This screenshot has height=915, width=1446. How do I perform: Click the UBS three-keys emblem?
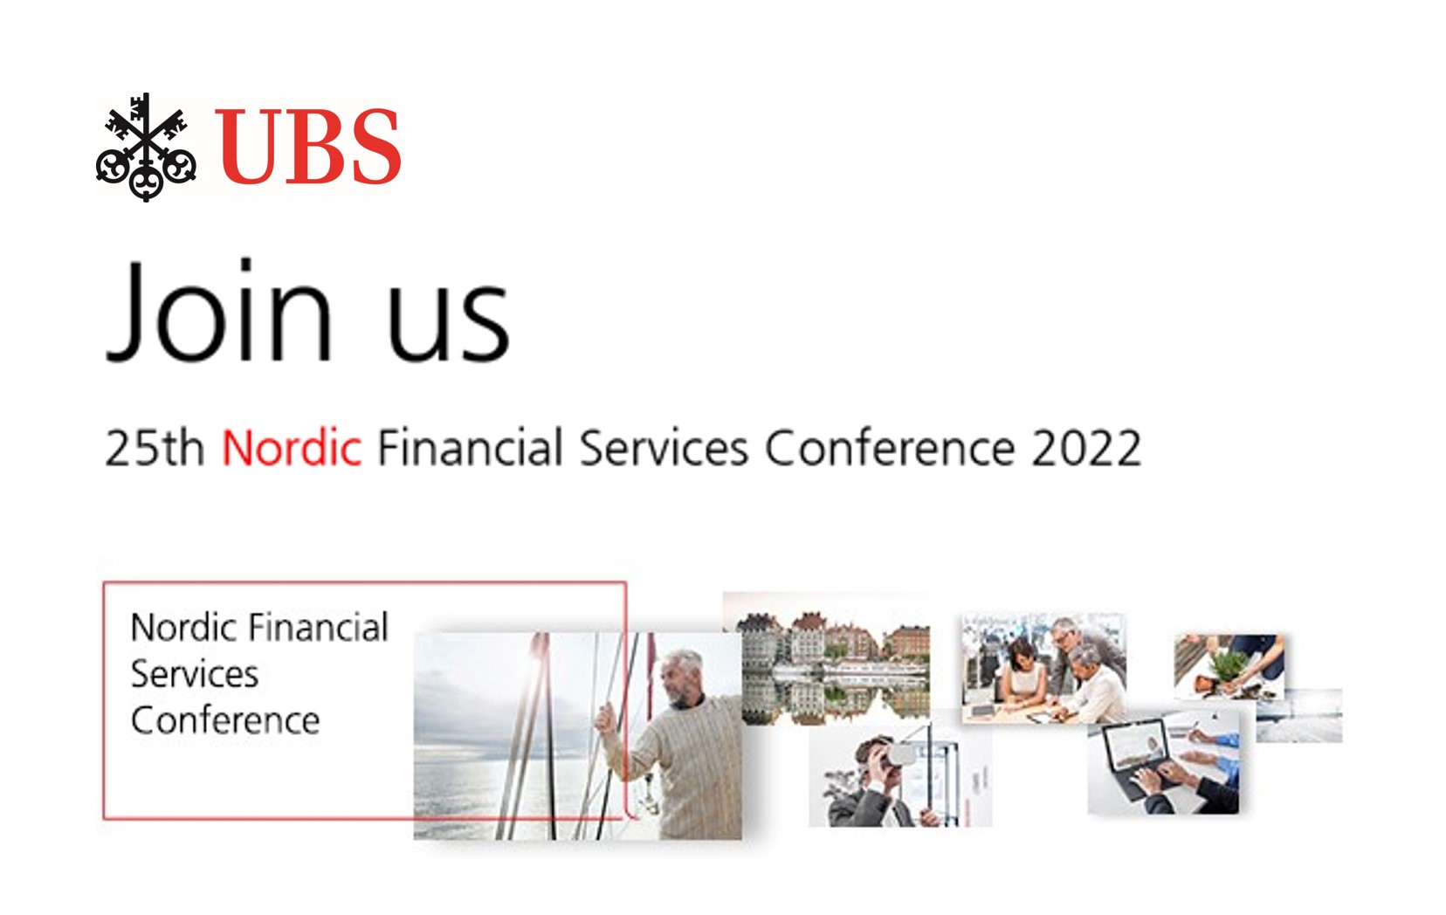coord(146,147)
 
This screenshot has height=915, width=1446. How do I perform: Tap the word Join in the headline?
coord(219,310)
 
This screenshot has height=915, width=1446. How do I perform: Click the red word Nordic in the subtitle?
coord(291,447)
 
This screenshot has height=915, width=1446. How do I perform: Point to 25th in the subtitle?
coord(155,447)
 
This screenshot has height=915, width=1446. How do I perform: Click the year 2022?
coord(1086,448)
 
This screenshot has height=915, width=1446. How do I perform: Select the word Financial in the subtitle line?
coord(470,447)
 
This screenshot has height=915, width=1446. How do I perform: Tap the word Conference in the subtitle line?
coord(890,448)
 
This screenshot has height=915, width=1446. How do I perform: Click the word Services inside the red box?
coord(195,674)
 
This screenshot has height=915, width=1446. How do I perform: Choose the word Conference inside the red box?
coord(225,721)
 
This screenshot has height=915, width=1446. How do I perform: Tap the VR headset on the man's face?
coord(898,755)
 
